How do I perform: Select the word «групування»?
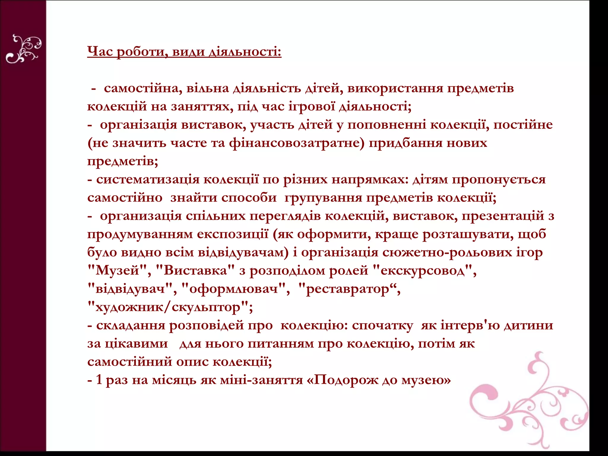(323, 198)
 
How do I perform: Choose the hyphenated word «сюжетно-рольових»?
(447, 253)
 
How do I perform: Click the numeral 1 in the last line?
(99, 380)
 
